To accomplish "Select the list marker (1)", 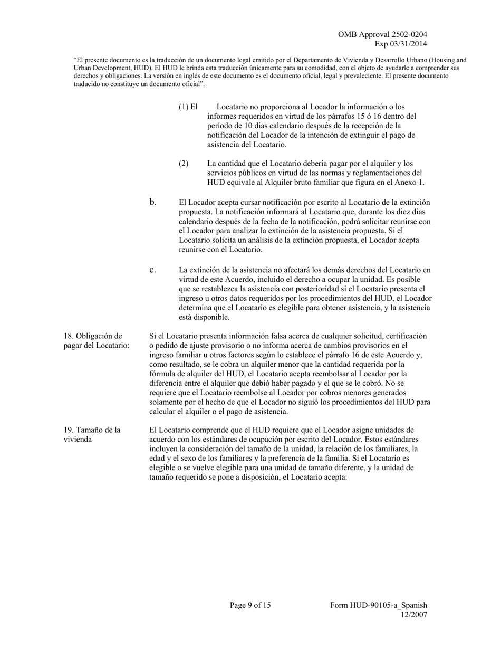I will coord(184,107).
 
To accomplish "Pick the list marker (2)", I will coord(184,164).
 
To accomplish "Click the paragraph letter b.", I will coord(153,202).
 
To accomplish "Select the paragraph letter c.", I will coord(152,270).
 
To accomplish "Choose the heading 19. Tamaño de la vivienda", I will coord(92,434).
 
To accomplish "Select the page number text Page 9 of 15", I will coord(250,605).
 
